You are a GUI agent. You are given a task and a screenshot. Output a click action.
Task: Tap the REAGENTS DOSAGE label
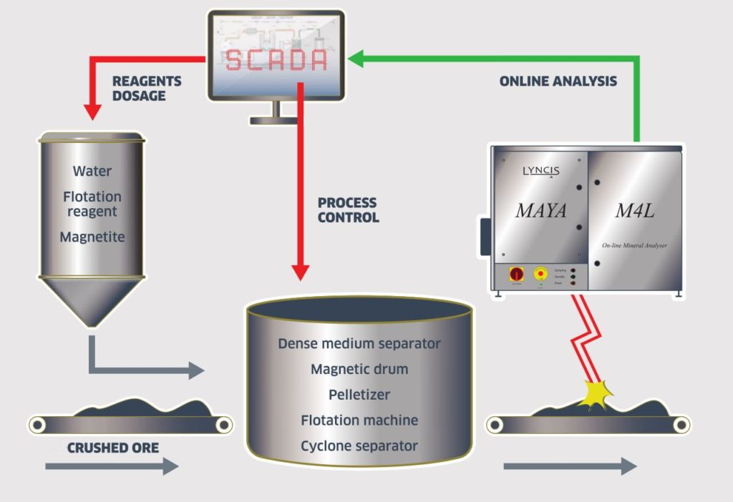147,88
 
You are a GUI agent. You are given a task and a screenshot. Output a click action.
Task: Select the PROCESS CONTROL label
348,210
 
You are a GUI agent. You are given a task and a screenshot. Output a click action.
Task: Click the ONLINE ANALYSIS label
558,81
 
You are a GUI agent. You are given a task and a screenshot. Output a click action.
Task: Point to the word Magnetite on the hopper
92,237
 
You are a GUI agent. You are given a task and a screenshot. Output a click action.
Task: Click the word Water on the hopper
92,172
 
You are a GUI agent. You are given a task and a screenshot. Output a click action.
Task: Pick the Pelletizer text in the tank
359,395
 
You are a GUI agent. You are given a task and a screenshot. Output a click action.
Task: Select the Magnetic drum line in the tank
359,369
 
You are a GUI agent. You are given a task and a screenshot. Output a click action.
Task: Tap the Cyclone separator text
359,446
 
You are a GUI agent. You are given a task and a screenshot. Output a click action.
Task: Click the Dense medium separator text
359,343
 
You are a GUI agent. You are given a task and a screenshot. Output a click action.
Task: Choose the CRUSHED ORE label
113,448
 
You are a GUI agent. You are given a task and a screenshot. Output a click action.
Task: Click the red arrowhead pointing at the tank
301,272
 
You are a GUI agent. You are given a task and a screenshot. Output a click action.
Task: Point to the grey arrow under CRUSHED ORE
111,467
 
